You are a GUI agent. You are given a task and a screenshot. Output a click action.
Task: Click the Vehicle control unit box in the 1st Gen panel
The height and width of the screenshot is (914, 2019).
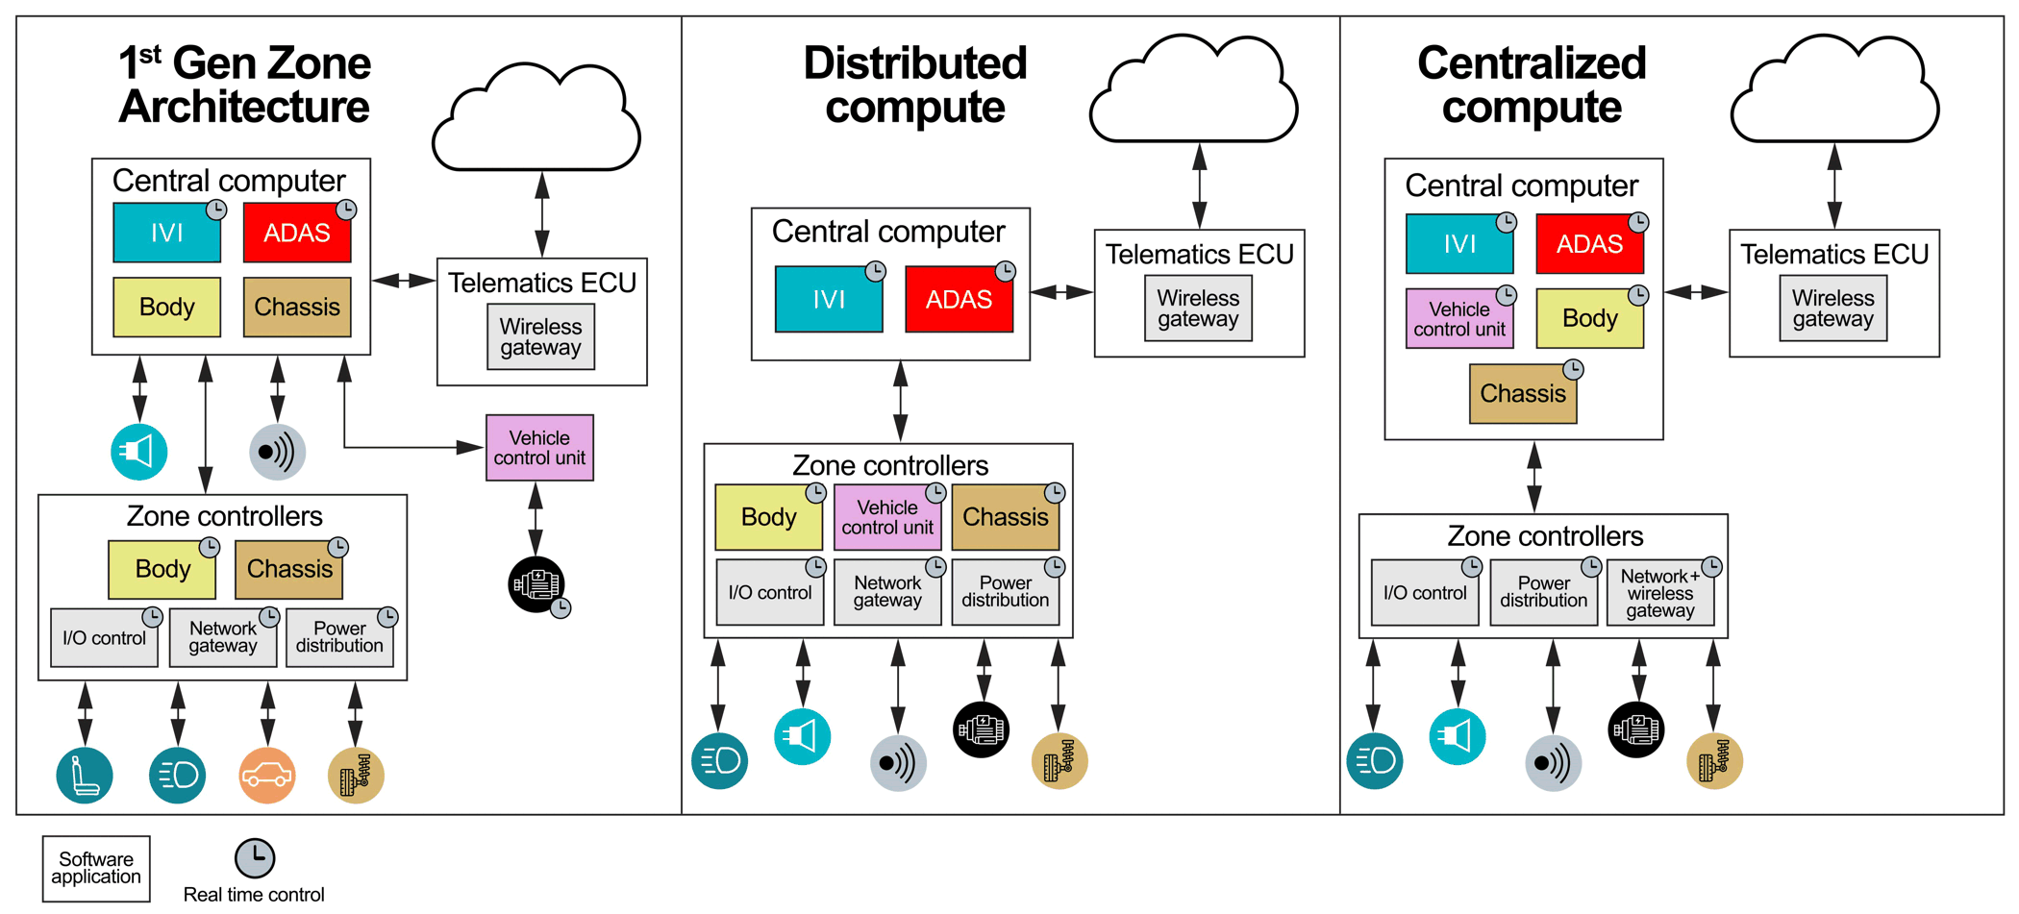click(539, 448)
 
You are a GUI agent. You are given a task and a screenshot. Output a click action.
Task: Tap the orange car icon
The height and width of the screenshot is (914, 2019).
click(266, 775)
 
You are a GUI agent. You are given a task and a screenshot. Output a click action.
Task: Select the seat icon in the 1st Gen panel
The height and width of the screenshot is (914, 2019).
click(85, 775)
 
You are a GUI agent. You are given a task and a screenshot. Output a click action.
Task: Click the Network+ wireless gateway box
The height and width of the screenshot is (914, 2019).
click(1660, 594)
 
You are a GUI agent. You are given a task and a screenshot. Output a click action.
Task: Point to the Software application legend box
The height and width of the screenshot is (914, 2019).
click(96, 868)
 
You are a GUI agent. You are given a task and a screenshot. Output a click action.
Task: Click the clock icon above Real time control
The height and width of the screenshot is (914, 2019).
click(255, 857)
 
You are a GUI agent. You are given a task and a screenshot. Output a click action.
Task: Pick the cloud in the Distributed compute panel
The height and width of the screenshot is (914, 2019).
click(1193, 91)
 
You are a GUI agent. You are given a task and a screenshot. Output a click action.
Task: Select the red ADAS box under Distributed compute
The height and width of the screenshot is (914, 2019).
click(959, 300)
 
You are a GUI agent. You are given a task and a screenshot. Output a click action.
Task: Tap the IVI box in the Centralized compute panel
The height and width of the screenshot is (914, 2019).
click(1459, 244)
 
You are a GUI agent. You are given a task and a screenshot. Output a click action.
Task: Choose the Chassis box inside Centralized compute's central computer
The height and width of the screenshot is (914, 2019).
click(1523, 394)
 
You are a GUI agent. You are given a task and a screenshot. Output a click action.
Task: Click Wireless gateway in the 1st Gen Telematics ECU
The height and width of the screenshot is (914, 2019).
click(540, 337)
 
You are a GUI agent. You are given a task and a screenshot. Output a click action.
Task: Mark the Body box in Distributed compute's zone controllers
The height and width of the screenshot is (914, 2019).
click(768, 517)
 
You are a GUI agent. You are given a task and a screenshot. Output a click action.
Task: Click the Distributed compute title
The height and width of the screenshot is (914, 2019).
click(914, 85)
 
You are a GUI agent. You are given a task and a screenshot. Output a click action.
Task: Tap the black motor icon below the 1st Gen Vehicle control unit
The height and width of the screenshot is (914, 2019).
click(536, 584)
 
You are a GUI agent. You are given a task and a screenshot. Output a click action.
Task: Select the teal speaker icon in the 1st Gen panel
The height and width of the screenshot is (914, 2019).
click(139, 452)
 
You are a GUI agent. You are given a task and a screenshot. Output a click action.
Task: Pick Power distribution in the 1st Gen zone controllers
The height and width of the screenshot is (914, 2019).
click(339, 637)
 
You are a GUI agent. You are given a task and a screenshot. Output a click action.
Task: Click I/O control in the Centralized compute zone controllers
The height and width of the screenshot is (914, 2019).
click(1424, 594)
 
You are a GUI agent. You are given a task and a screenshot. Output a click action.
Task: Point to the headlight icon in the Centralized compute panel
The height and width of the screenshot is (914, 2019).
click(1374, 761)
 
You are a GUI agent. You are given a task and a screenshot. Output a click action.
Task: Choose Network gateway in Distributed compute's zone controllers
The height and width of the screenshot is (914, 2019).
click(887, 592)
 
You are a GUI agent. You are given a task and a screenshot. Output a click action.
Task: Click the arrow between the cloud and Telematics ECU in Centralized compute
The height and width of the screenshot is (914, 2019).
click(1834, 186)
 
